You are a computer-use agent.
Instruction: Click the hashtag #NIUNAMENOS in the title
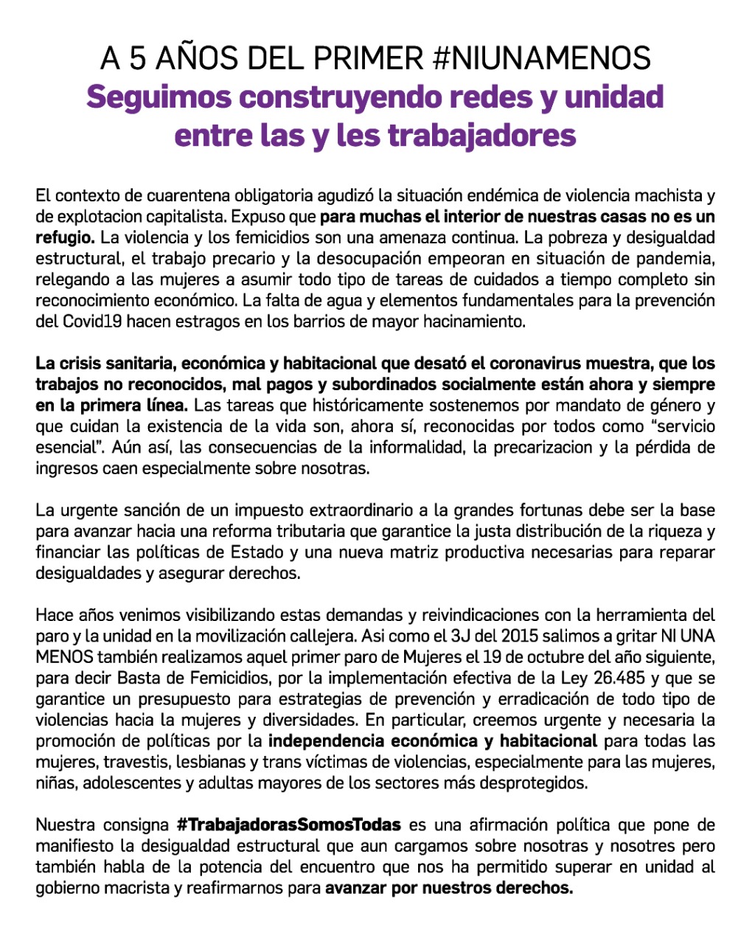click(x=541, y=58)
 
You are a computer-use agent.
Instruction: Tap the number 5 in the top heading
click(x=138, y=58)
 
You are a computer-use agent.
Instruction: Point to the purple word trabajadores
click(x=481, y=136)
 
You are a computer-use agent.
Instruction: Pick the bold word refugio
click(x=65, y=238)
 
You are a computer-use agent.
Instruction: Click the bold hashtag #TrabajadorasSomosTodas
click(x=289, y=825)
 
